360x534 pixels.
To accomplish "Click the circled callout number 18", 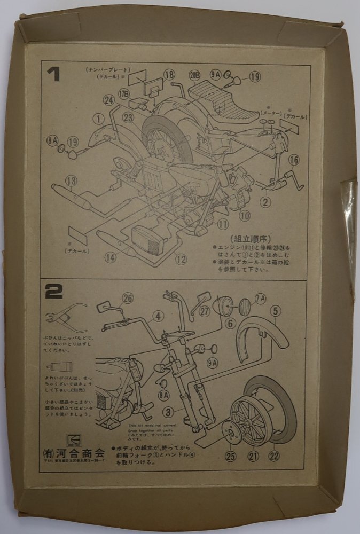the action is (169, 74).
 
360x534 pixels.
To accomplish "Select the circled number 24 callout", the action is (109, 100).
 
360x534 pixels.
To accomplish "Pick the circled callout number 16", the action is (294, 160).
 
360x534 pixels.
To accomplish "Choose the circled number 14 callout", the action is (110, 257).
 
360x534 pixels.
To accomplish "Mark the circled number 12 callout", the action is (181, 260).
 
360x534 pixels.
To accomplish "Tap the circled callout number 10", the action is (245, 216).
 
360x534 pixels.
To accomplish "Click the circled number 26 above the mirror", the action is (127, 299).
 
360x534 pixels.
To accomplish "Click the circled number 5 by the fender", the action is (275, 311).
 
